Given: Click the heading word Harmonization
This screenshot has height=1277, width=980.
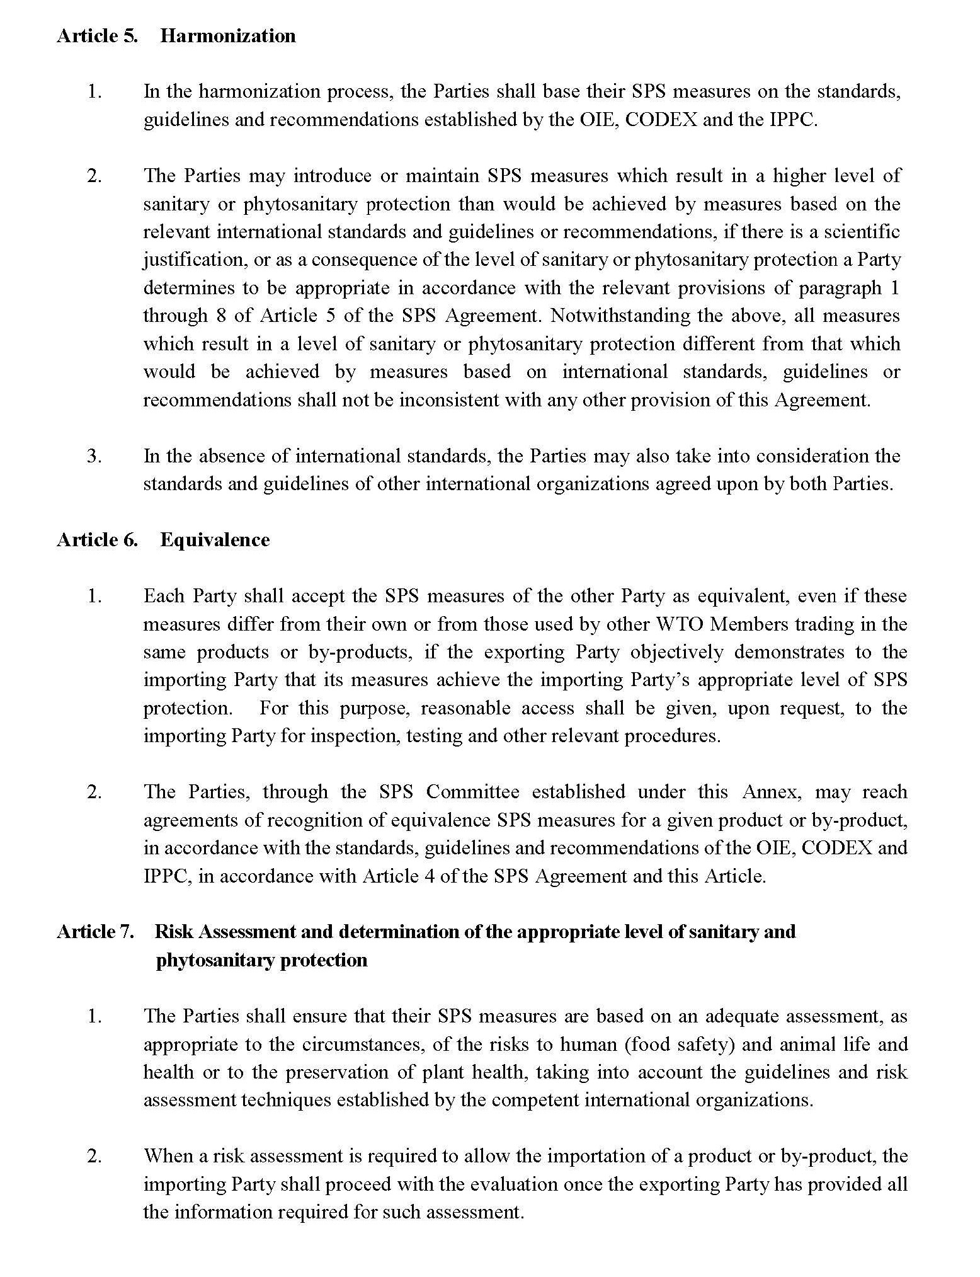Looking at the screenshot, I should [x=227, y=35].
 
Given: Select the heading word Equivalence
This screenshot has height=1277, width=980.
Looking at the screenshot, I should [x=215, y=540].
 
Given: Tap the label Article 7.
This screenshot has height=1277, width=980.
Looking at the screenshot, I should [x=95, y=932].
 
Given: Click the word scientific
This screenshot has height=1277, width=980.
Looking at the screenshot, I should [x=863, y=232].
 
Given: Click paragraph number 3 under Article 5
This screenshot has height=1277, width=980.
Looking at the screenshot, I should [x=94, y=456].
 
